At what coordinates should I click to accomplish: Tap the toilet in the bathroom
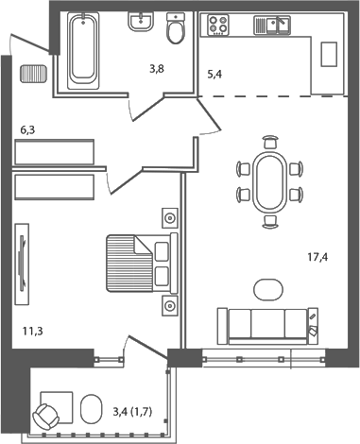(x=176, y=31)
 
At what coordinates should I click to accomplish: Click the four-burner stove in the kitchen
(x=219, y=26)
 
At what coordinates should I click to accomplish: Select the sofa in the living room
(x=269, y=325)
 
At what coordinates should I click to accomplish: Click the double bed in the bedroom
(x=138, y=264)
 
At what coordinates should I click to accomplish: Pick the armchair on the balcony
(x=47, y=414)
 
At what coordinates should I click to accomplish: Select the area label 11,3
(x=33, y=332)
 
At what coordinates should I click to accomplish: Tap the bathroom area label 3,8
(x=156, y=67)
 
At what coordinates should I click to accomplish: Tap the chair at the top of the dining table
(x=271, y=143)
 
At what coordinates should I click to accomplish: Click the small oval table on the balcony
(x=92, y=410)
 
